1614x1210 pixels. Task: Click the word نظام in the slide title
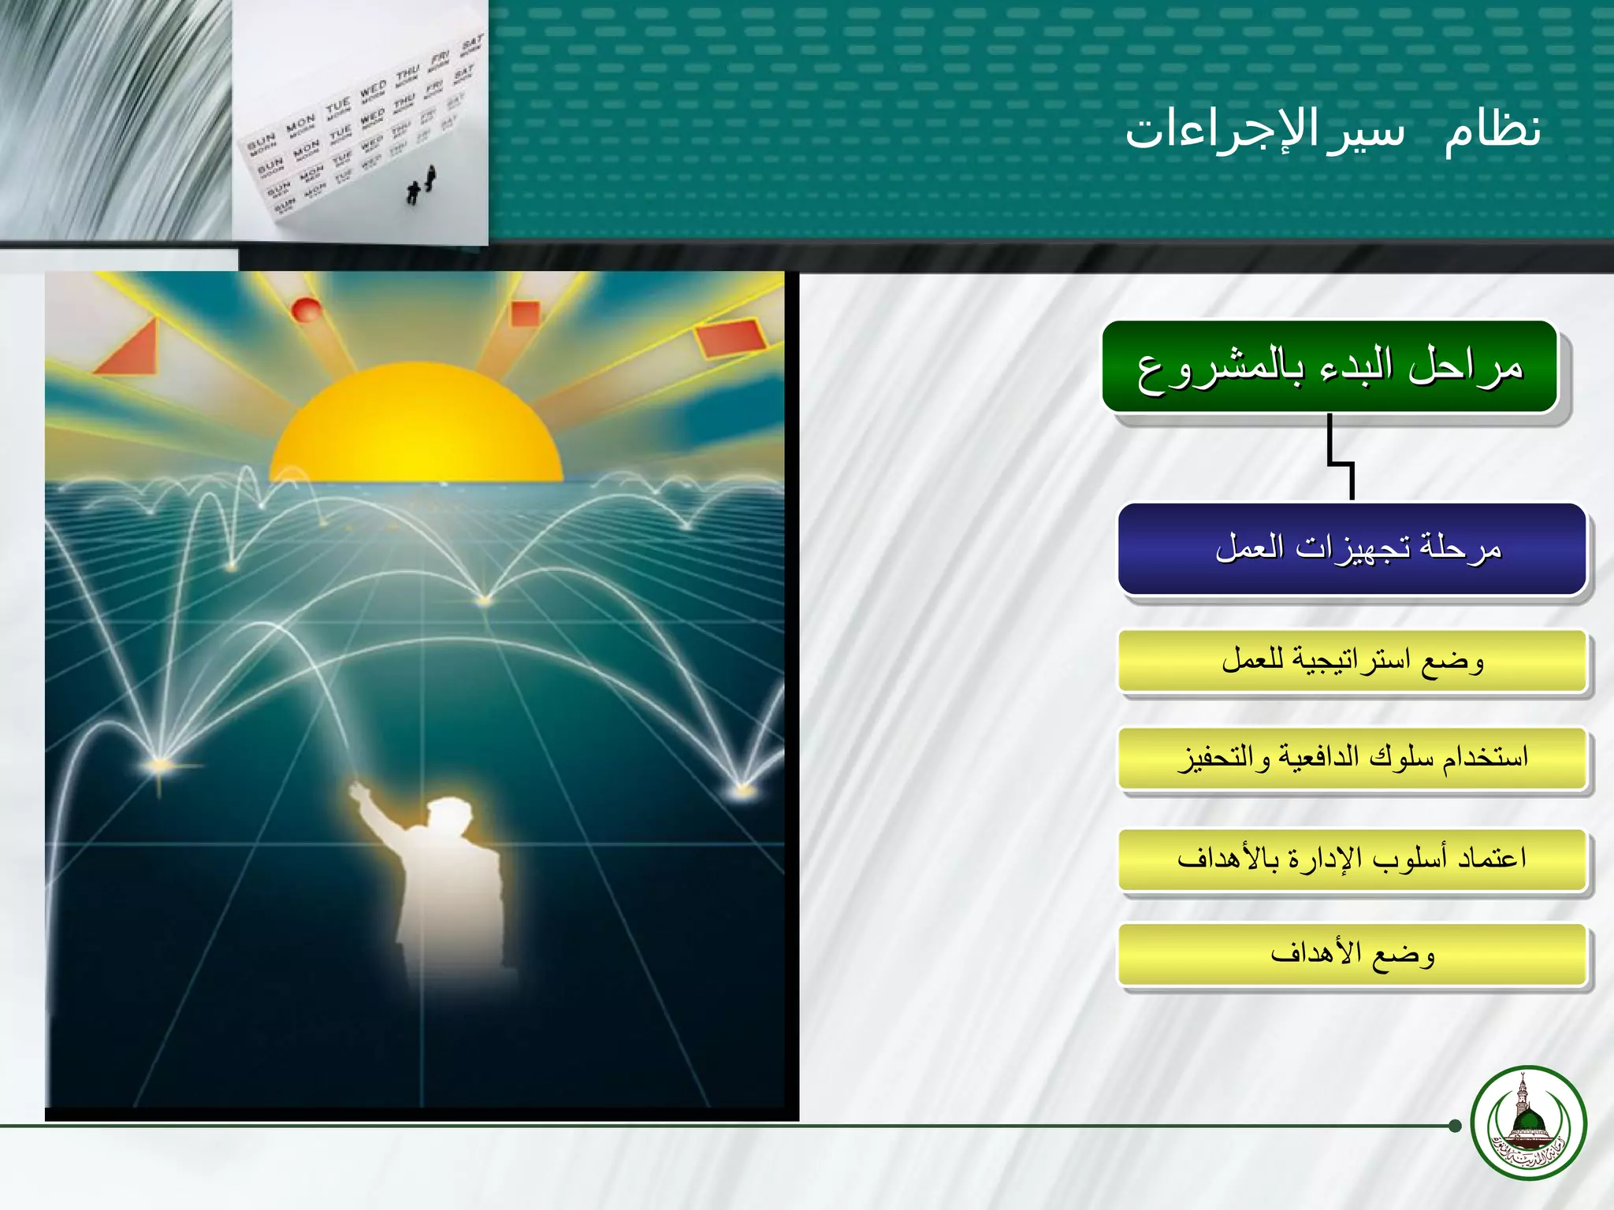pyautogui.click(x=1492, y=130)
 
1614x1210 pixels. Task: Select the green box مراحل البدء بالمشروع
pyautogui.click(x=1330, y=367)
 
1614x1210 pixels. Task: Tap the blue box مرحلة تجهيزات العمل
pyautogui.click(x=1352, y=548)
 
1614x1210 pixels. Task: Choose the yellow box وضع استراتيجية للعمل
pyautogui.click(x=1352, y=660)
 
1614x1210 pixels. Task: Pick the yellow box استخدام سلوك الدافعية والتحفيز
pyautogui.click(x=1352, y=758)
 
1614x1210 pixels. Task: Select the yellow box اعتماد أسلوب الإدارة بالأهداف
pyautogui.click(x=1352, y=858)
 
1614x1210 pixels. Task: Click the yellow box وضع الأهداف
pyautogui.click(x=1352, y=954)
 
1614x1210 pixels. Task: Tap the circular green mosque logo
pyautogui.click(x=1528, y=1123)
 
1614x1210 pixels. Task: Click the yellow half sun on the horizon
pyautogui.click(x=416, y=429)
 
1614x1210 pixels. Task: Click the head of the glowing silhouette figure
pyautogui.click(x=448, y=815)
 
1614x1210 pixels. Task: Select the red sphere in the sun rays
pyautogui.click(x=306, y=309)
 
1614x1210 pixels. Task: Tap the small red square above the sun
pyautogui.click(x=525, y=313)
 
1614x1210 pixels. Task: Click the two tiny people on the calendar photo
pyautogui.click(x=422, y=186)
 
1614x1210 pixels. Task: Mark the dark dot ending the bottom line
pyautogui.click(x=1455, y=1126)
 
